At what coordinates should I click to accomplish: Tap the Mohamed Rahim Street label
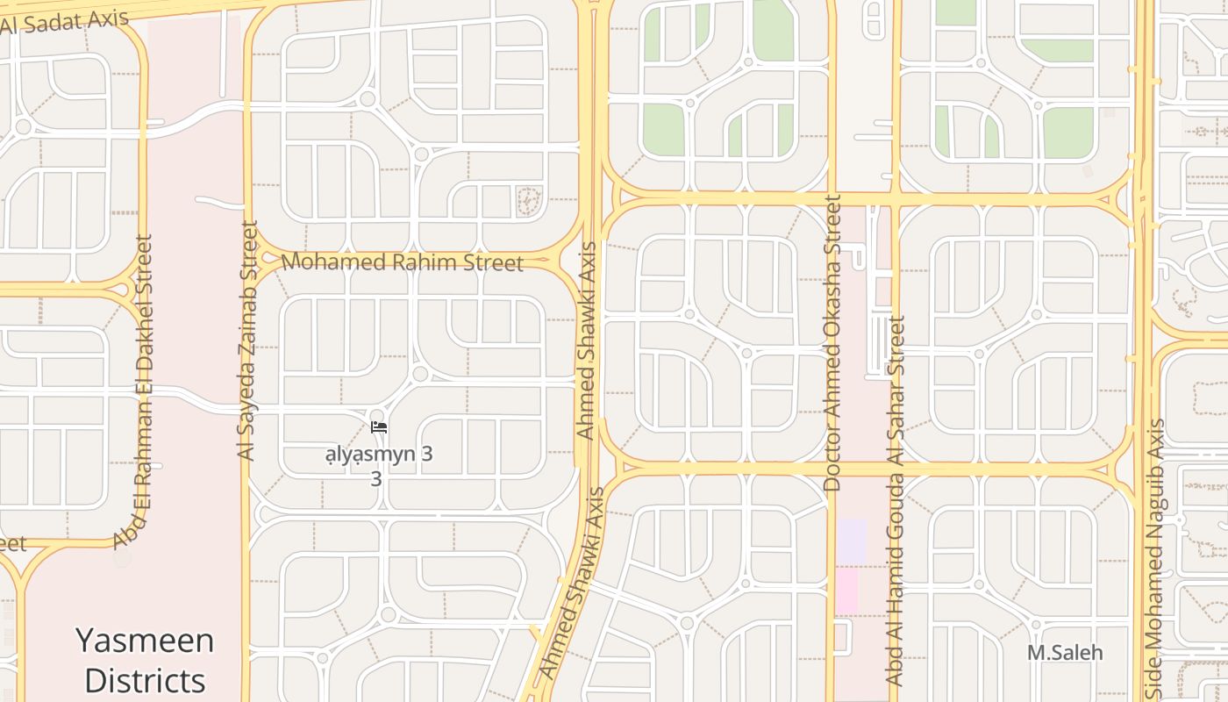tap(402, 262)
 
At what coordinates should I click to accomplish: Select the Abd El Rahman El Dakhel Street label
tap(134, 391)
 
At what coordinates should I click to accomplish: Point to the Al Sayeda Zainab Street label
tap(247, 341)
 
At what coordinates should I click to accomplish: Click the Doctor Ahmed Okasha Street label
tap(832, 343)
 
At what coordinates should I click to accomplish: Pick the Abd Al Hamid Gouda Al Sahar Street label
tap(895, 501)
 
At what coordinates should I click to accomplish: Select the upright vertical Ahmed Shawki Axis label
tap(587, 341)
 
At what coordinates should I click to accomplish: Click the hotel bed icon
tap(379, 427)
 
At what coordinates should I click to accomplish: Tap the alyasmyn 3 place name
tap(379, 455)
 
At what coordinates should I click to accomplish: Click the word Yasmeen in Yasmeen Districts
tap(145, 641)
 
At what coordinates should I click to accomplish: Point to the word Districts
tap(145, 680)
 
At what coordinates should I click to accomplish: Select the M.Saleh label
tap(1065, 653)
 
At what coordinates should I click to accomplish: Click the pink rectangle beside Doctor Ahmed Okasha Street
tap(846, 590)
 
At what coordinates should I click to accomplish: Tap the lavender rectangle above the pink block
tap(851, 541)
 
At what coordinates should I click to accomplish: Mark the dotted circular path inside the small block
tap(529, 201)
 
